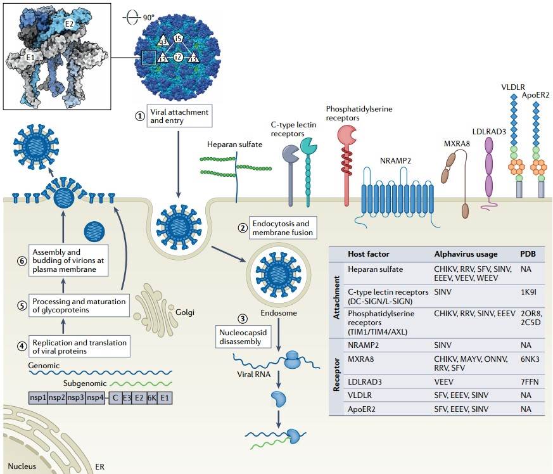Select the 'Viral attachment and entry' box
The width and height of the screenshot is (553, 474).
pos(178,116)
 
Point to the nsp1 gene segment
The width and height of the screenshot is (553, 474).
pos(39,398)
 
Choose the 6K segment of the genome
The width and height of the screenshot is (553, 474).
pos(150,398)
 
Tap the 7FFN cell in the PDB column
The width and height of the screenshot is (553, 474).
pos(530,380)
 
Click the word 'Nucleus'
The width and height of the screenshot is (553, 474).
pos(22,466)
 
